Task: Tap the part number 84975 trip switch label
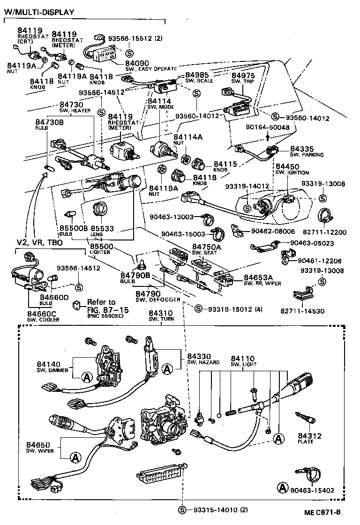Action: (x=243, y=75)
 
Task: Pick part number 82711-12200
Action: (x=330, y=232)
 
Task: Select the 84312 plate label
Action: (x=309, y=436)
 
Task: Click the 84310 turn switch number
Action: (x=161, y=313)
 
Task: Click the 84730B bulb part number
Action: (x=49, y=122)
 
